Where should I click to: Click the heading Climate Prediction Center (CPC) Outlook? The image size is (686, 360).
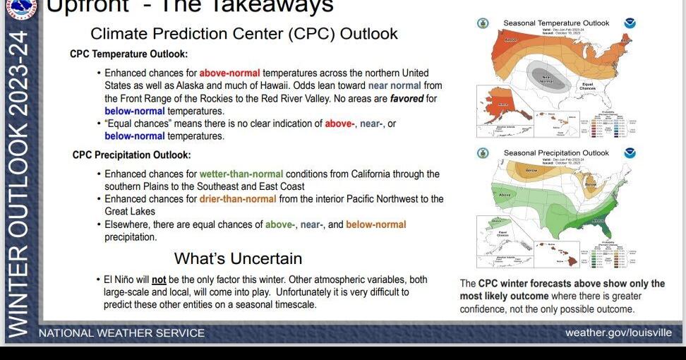coord(244,34)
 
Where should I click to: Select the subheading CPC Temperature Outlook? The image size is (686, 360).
coord(128,54)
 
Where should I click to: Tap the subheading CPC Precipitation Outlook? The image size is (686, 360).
coord(131,155)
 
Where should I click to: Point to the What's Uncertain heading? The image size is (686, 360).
coord(238,258)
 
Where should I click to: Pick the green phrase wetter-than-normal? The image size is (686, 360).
coord(241,174)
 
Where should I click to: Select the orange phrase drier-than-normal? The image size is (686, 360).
coord(238,199)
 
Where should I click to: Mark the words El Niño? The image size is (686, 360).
coord(121,280)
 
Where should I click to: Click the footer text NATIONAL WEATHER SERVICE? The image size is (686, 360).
coord(121,332)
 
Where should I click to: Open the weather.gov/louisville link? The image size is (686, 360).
coord(618,332)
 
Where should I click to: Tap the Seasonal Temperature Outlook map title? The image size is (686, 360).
coord(556,23)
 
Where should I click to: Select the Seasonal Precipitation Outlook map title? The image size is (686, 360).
coord(556,152)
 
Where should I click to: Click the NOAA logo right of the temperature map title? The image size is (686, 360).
coord(630,23)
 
